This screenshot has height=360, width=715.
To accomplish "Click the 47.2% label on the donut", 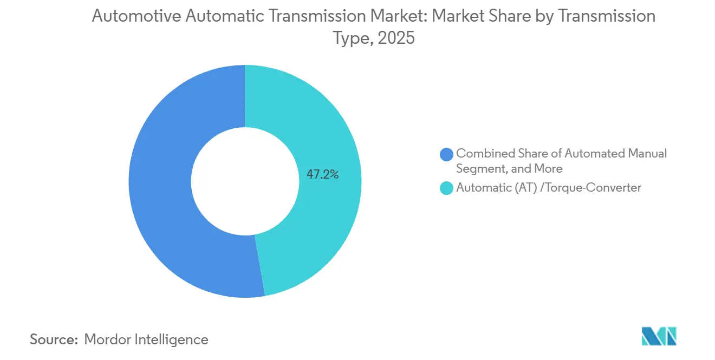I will (x=323, y=174).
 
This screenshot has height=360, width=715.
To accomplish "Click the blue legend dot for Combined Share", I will (x=447, y=154).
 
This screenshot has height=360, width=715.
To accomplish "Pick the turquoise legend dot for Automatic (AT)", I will (x=447, y=188).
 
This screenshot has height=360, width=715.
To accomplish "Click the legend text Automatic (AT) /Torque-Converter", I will (x=549, y=188).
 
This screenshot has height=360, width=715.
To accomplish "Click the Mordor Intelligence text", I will (x=146, y=339).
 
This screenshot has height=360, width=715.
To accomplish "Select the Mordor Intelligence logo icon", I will (x=659, y=336).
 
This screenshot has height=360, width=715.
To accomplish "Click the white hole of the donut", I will (x=245, y=181).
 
